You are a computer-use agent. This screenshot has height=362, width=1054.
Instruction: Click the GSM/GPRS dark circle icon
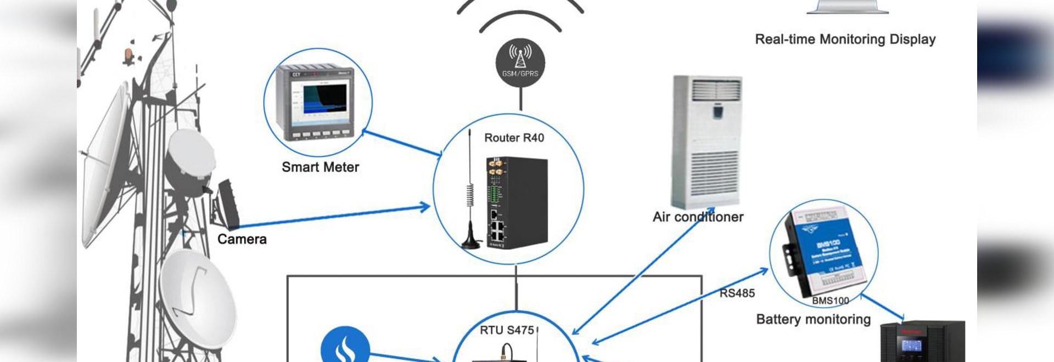pos(520,63)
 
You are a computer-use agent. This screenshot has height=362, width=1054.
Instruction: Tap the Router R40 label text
pos(514,138)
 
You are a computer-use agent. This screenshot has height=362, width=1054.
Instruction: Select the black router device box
pos(517,203)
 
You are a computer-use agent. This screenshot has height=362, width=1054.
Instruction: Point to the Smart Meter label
pos(320,167)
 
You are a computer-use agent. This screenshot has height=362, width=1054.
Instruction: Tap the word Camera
pos(242,240)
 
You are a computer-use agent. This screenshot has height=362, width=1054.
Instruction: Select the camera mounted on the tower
pos(225,205)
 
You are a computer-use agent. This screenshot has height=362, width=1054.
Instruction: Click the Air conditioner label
pos(698,217)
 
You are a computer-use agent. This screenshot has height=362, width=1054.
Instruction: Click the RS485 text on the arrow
pos(737,293)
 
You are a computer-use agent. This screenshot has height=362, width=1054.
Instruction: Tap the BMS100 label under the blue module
pos(830,301)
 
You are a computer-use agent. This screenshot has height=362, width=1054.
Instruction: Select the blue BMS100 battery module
pos(823,250)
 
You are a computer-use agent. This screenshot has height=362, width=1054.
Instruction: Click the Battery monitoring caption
pos(813,320)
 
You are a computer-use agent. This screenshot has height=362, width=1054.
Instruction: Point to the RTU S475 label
pos(507,330)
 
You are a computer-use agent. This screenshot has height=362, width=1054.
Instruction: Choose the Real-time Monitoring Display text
pos(845,39)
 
